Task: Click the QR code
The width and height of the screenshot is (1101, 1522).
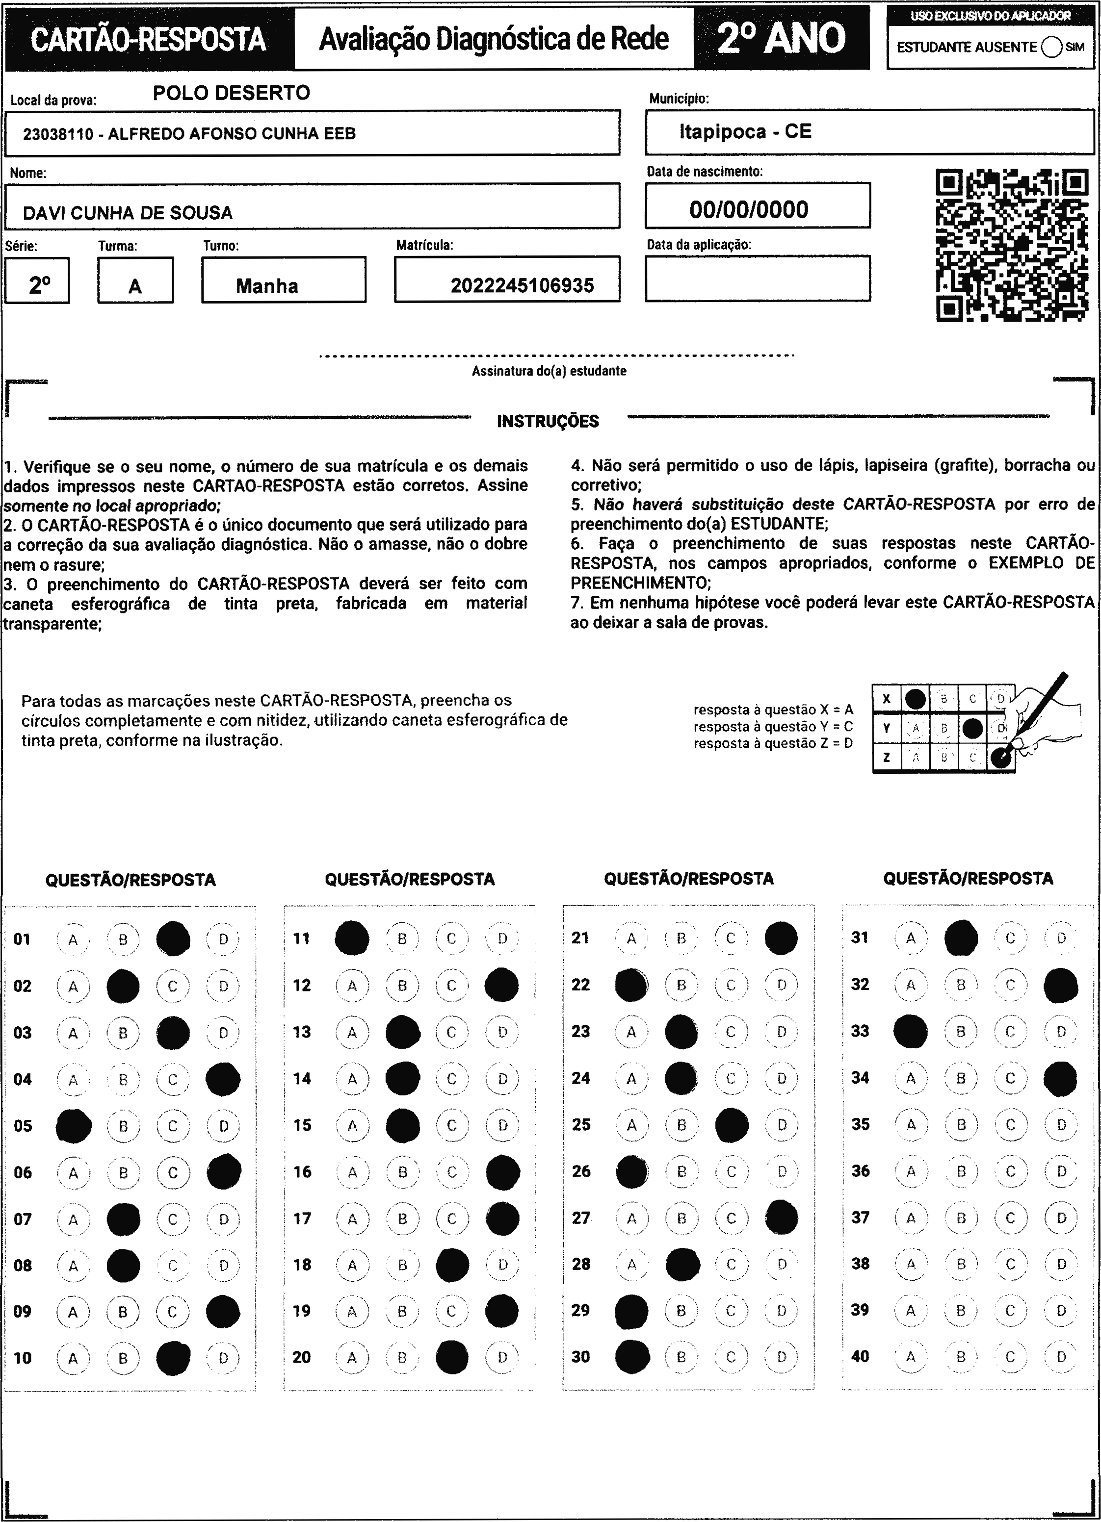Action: click(1012, 246)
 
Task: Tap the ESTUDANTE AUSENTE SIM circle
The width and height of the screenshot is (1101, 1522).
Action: click(1051, 47)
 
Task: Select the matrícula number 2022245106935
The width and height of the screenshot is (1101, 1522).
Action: click(522, 286)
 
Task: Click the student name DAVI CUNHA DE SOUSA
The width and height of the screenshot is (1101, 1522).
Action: click(128, 213)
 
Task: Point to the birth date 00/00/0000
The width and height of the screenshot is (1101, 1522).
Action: click(749, 209)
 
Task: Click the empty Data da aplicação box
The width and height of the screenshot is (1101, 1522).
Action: click(757, 279)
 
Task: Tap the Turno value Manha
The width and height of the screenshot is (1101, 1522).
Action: click(266, 286)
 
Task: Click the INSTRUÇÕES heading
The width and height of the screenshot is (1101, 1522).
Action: click(548, 421)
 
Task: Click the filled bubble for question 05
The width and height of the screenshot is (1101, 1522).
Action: click(73, 1125)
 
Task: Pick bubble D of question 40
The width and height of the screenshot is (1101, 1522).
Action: click(1061, 1356)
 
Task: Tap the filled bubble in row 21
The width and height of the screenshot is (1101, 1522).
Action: click(781, 938)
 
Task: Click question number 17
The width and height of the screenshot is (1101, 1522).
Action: click(302, 1218)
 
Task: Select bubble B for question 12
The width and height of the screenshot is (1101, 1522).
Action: click(402, 985)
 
